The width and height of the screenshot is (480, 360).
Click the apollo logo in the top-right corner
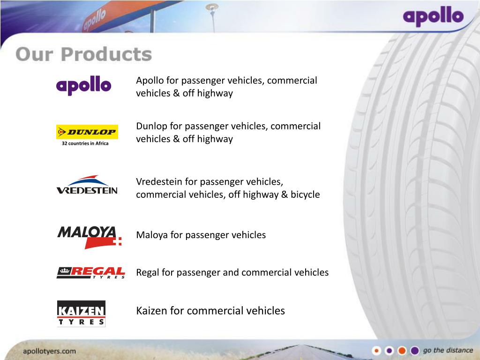433,18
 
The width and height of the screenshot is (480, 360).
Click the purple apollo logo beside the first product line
83,86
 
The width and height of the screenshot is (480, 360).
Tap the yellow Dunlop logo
87,132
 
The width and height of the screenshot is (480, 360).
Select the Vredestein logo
87,185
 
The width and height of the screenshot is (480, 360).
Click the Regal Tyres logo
90,273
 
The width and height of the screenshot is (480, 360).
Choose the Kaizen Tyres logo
81,313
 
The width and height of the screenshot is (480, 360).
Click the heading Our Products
83,54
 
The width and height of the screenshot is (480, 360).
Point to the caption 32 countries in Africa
85,143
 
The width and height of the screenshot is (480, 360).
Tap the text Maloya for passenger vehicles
201,235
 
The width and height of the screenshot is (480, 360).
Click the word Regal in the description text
148,272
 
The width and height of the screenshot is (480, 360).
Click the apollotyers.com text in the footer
50,351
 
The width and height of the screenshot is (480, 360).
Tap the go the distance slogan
448,351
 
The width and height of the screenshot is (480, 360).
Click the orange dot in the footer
402,351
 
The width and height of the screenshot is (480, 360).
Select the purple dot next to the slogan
414,351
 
